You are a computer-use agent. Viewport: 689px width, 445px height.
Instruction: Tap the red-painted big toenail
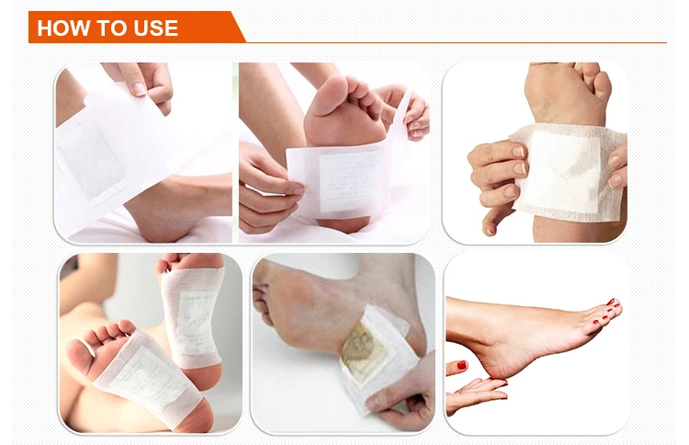[610, 302]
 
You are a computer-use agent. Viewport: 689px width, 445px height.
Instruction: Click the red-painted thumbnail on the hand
[461, 364]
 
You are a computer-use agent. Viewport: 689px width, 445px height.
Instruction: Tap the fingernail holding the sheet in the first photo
[140, 88]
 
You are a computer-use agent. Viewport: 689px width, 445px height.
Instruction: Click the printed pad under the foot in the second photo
[349, 181]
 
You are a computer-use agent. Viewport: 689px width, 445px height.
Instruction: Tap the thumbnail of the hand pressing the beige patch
[518, 152]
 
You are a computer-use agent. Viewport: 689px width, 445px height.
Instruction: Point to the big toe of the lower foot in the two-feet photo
[80, 355]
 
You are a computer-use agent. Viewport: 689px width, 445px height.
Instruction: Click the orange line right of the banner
[456, 42]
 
